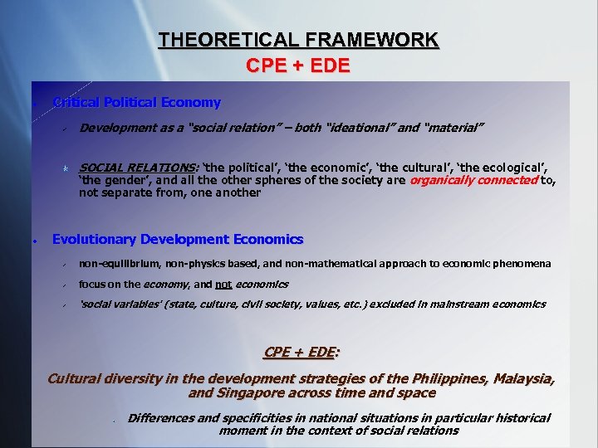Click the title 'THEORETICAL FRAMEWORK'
[298, 39]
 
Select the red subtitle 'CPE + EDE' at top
[298, 66]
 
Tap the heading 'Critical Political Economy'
[137, 103]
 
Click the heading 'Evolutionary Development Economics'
[178, 240]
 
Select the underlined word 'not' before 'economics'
[223, 284]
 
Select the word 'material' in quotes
[453, 128]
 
